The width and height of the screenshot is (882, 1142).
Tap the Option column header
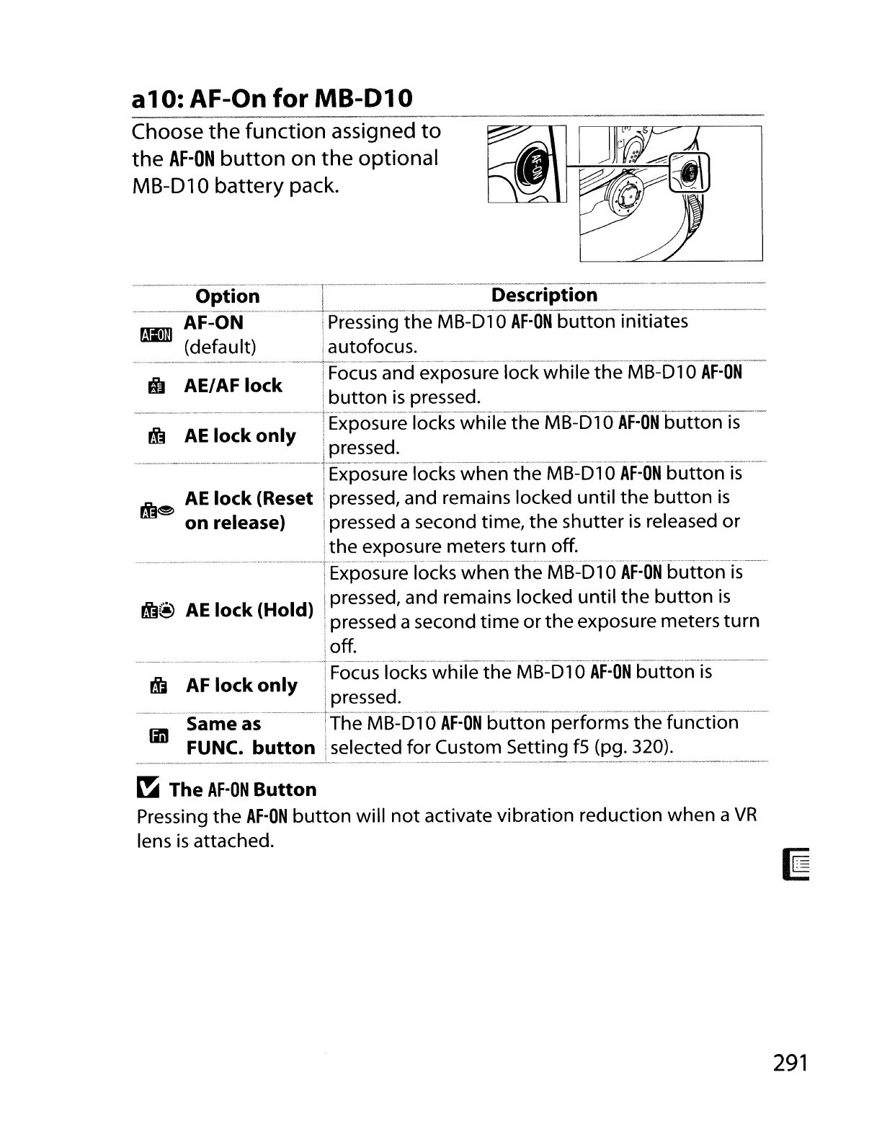(227, 296)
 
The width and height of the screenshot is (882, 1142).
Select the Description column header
(544, 295)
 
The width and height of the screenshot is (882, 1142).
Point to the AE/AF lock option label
(233, 386)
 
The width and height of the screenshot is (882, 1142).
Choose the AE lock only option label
(240, 436)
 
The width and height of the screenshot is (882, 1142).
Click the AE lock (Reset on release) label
(249, 510)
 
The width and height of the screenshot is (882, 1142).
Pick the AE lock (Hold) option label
(249, 611)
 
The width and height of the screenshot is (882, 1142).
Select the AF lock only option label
(241, 686)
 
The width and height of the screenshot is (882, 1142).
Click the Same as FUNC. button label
(250, 736)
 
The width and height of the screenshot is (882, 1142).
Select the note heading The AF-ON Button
(243, 789)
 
